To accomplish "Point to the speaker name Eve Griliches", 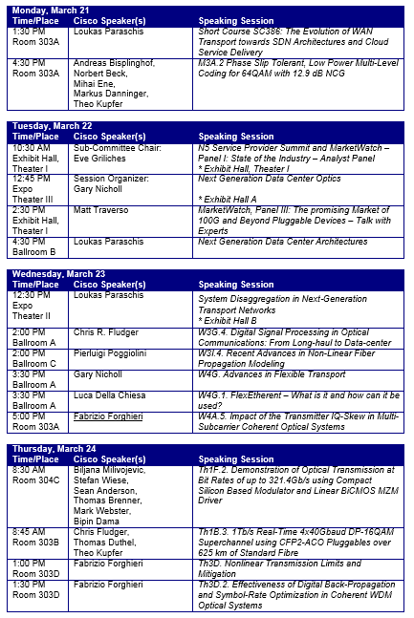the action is click(99, 157).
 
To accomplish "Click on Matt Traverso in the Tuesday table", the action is click(102, 208).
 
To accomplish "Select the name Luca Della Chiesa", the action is click(115, 394).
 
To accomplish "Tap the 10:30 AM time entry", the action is click(28, 148).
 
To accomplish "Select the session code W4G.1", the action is click(215, 394).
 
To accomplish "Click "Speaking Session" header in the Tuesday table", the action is click(236, 137).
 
